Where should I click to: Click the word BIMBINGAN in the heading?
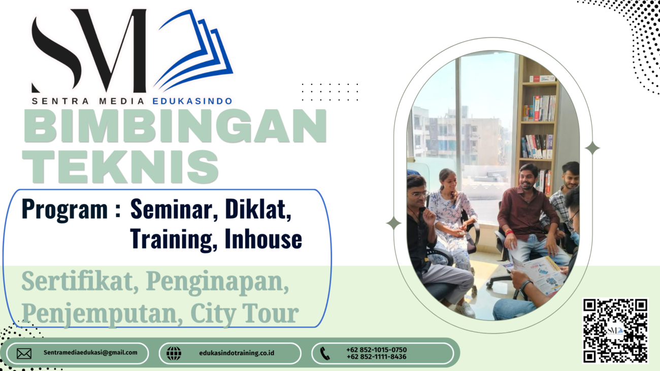pyautogui.click(x=175, y=126)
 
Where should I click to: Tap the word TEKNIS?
pyautogui.click(x=120, y=166)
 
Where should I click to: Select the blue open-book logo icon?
pyautogui.click(x=193, y=50)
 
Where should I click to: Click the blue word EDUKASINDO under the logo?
pyautogui.click(x=192, y=102)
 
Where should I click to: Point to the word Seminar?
pyautogui.click(x=174, y=210)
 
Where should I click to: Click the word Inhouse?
pyautogui.click(x=263, y=239)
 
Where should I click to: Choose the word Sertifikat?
pyautogui.click(x=80, y=282)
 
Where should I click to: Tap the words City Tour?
pyautogui.click(x=245, y=314)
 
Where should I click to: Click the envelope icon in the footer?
pyautogui.click(x=24, y=353)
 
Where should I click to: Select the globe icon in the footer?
pyautogui.click(x=174, y=353)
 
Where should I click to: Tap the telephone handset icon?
pyautogui.click(x=325, y=353)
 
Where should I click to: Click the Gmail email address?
pyautogui.click(x=90, y=353)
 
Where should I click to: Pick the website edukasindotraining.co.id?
pyautogui.click(x=237, y=353)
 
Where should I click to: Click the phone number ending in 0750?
pyautogui.click(x=377, y=350)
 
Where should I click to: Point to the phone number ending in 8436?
pyautogui.click(x=377, y=357)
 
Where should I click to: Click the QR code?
pyautogui.click(x=615, y=330)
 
